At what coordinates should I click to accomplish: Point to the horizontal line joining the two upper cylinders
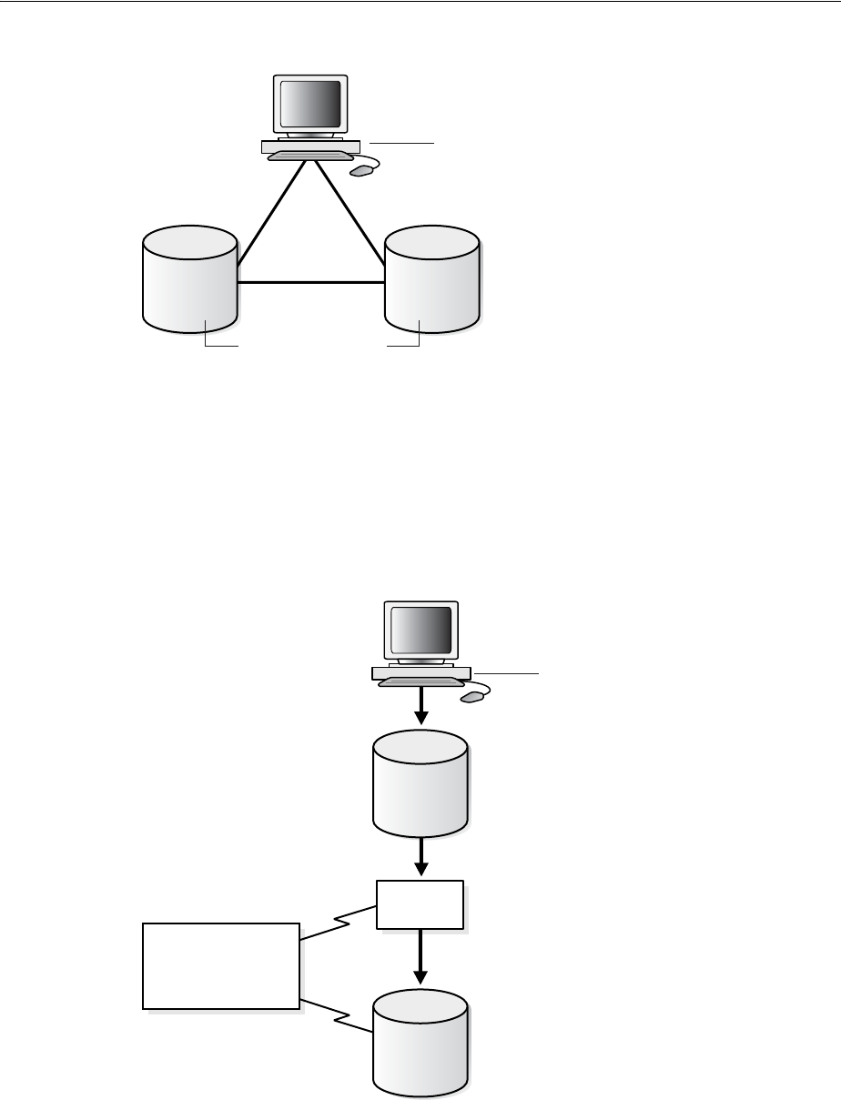(310, 283)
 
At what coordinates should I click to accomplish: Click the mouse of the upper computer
(363, 170)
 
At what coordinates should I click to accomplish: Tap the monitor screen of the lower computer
(420, 629)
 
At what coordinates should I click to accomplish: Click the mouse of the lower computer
(472, 697)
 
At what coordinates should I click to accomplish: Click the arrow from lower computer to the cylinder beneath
(420, 706)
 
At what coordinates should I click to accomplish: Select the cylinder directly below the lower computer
(420, 782)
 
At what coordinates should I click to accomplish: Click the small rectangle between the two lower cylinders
(420, 904)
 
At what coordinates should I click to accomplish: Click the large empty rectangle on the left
(221, 965)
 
